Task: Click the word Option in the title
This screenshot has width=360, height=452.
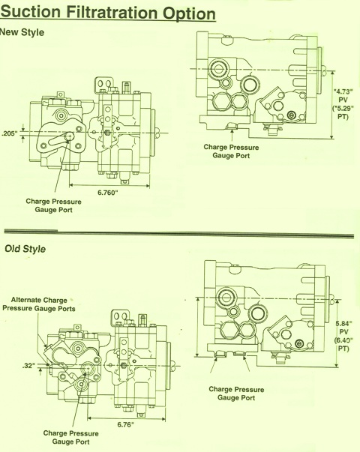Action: [x=189, y=13]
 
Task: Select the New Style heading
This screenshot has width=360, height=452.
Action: [x=22, y=32]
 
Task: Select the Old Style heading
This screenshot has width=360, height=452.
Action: [x=25, y=249]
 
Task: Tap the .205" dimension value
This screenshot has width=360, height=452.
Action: [x=10, y=133]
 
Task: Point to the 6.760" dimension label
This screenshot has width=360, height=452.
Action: [x=108, y=193]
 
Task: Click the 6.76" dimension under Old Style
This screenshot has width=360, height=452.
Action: [x=125, y=424]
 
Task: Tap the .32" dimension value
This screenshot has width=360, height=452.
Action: [x=28, y=366]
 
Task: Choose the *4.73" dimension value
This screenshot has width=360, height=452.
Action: [x=343, y=91]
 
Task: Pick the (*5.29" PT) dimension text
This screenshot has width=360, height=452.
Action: [x=343, y=112]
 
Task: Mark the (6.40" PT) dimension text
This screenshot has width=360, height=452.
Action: [x=343, y=344]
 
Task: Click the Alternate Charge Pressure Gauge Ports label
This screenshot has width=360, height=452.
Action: [x=39, y=304]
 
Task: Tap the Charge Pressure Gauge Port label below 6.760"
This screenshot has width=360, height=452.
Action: [x=54, y=205]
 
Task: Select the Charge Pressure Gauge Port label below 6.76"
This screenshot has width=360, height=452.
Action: [x=71, y=437]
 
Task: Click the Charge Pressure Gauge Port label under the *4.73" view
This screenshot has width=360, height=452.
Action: [x=231, y=151]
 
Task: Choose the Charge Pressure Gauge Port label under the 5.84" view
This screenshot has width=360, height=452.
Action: [x=236, y=394]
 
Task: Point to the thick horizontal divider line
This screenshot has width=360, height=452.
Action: [x=178, y=233]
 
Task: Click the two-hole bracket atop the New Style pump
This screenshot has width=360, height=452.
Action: [x=103, y=85]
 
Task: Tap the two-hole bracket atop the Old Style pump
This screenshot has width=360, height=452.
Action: [x=120, y=318]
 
